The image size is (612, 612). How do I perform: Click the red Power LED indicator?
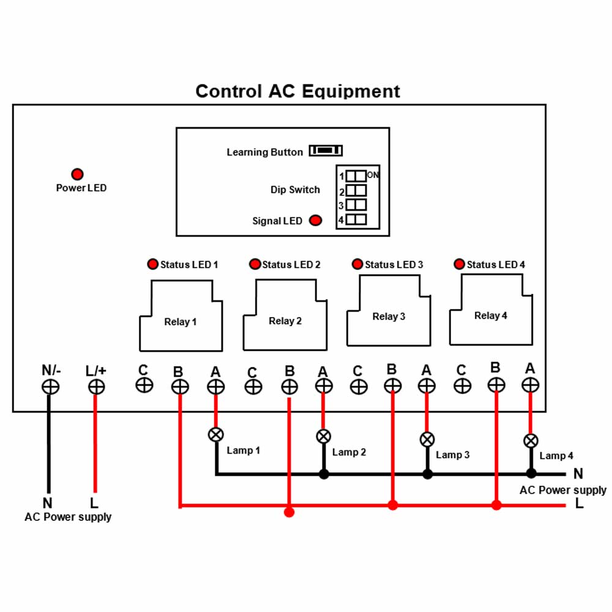(77, 174)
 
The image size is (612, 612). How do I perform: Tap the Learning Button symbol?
(326, 151)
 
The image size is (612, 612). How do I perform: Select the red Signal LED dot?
(315, 220)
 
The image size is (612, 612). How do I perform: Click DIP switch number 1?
(356, 176)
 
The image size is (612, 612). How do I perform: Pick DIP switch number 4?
(356, 219)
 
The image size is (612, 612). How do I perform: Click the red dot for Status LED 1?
(152, 264)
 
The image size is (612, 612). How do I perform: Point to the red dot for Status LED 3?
(357, 264)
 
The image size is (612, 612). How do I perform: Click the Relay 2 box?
(285, 315)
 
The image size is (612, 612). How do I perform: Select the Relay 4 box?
(491, 310)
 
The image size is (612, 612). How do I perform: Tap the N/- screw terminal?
(50, 387)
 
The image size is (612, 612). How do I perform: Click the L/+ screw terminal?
(96, 387)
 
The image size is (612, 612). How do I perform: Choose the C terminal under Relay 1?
(144, 385)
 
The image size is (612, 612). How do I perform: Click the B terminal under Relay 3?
(393, 386)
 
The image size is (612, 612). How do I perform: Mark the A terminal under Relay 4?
(530, 385)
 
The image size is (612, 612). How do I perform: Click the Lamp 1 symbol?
(216, 435)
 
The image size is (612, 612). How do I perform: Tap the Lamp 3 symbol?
(427, 439)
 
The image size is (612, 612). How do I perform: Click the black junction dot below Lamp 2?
(324, 474)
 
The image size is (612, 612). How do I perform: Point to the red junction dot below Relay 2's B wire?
(289, 512)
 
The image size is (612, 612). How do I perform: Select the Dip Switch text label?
(295, 190)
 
